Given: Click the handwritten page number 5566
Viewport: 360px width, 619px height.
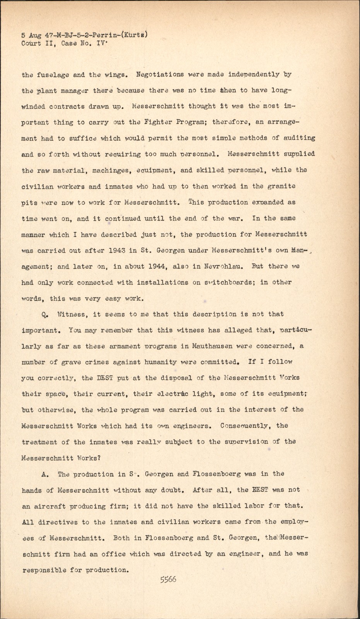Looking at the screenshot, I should tap(168, 580).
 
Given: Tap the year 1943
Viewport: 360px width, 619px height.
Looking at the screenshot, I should tap(117, 250).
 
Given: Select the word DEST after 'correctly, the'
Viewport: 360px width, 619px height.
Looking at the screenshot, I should tap(104, 378).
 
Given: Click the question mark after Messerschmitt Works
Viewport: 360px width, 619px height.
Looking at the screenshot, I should tap(99, 458).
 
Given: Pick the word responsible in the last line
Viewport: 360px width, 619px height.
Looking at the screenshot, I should tap(44, 570).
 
